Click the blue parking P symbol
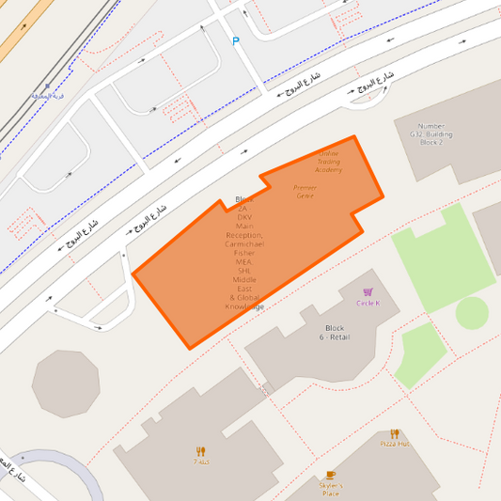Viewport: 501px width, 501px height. click(236, 40)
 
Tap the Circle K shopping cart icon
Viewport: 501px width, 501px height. click(368, 292)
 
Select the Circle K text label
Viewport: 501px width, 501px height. click(368, 304)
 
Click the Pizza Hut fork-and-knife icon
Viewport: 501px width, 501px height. click(395, 433)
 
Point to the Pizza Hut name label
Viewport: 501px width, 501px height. click(395, 444)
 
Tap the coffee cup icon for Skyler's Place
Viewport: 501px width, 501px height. click(330, 476)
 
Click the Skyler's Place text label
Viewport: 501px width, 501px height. click(330, 489)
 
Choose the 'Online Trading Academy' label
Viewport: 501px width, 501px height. click(329, 162)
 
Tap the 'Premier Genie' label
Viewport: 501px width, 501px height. click(305, 192)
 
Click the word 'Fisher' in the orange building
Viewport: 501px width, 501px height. click(244, 253)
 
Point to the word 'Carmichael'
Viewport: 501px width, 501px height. click(244, 243)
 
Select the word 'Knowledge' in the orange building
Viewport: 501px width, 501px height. click(244, 306)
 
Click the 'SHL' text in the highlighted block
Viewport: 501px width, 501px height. click(244, 271)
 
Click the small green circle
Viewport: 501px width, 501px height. click(472, 312)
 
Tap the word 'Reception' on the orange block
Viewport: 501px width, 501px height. click(244, 235)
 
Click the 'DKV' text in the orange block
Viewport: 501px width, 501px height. click(244, 217)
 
